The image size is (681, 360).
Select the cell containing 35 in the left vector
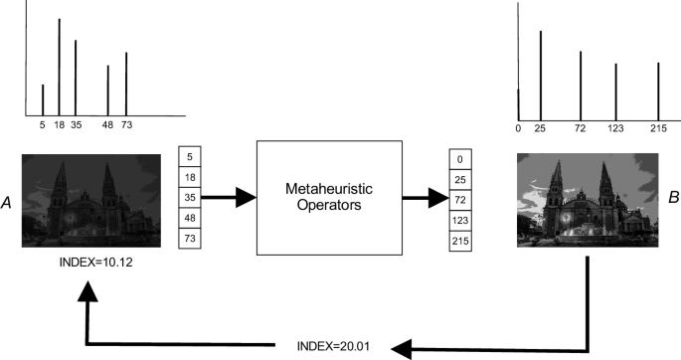(x=191, y=198)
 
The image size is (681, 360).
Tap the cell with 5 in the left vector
(x=191, y=156)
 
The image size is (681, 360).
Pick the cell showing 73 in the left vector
(x=191, y=240)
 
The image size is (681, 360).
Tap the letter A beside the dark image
(x=8, y=202)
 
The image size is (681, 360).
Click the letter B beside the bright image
(x=673, y=199)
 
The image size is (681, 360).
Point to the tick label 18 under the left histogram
(x=58, y=125)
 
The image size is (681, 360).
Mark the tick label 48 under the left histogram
(x=107, y=125)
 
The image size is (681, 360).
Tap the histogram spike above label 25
(x=540, y=75)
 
